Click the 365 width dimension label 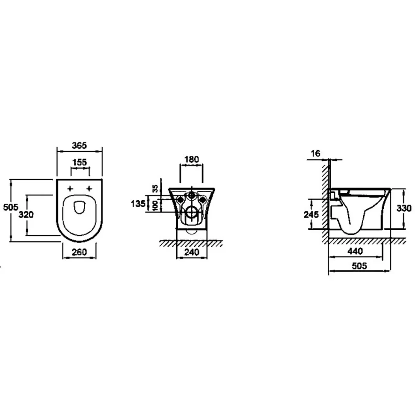pos(80,145)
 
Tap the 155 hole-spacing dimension pos(80,162)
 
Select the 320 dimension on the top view pos(26,215)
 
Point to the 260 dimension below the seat pos(80,252)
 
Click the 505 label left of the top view pos(10,207)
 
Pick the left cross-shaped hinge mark pos(70,188)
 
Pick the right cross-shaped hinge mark pos(89,188)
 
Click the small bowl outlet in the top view pos(80,207)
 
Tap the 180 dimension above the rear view pos(191,159)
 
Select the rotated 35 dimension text pos(155,188)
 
